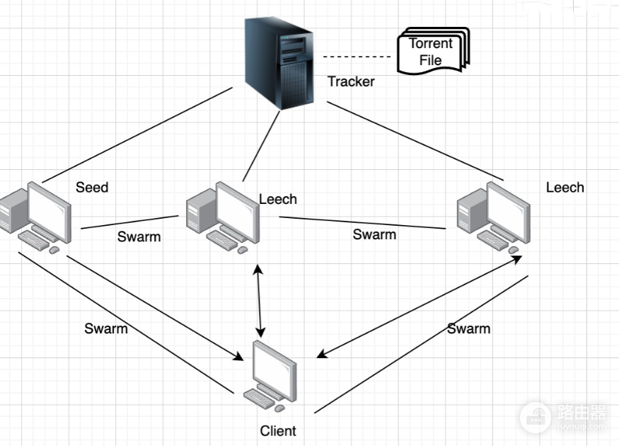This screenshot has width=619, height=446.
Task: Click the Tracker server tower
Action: (x=279, y=63)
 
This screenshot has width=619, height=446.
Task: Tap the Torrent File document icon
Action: (x=433, y=51)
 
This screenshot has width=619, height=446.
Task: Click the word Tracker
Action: (x=351, y=81)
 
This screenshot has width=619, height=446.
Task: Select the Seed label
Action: (x=92, y=187)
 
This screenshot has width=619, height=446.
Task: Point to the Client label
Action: (x=278, y=430)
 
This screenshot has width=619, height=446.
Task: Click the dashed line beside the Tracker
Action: (x=357, y=57)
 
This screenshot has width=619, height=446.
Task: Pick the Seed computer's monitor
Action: (x=50, y=212)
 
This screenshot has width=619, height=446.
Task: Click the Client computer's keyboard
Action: (x=259, y=399)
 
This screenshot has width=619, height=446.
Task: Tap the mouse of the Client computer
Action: (x=280, y=408)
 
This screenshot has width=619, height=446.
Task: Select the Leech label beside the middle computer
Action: (x=278, y=199)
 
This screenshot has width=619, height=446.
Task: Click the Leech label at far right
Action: (x=565, y=187)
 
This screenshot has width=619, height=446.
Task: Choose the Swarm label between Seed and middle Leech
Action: (x=139, y=236)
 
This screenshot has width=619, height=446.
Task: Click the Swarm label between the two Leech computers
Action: (x=374, y=234)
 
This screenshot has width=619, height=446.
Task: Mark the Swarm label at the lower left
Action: (x=106, y=328)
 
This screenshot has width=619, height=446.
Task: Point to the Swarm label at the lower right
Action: (x=468, y=328)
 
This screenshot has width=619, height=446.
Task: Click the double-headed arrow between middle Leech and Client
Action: (x=259, y=301)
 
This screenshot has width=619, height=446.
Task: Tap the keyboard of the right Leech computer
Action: (x=492, y=240)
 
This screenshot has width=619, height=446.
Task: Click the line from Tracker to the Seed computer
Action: (x=137, y=135)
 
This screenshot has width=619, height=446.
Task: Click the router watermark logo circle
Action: (x=536, y=418)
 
